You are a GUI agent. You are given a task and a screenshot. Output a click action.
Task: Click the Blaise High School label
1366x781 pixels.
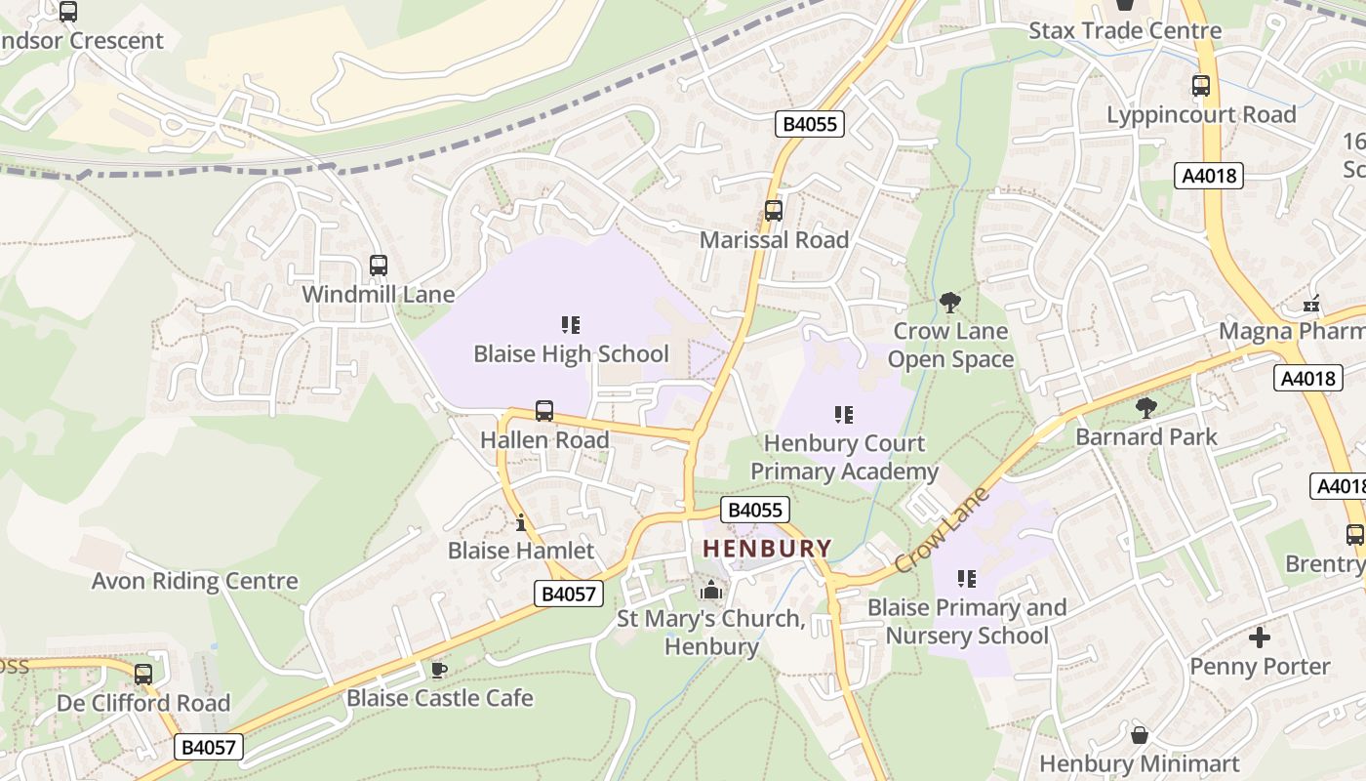click(571, 353)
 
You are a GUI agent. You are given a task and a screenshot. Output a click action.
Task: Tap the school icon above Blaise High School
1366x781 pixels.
click(571, 324)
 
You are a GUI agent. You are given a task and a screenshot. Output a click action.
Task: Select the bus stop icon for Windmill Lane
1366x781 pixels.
click(379, 265)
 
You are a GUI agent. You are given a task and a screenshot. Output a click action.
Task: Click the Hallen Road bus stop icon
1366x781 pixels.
click(544, 411)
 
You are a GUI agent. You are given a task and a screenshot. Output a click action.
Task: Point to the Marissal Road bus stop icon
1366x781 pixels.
click(774, 210)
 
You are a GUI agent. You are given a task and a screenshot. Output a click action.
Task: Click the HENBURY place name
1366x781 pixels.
click(768, 549)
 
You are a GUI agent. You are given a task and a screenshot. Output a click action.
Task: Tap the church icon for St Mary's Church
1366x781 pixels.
click(711, 590)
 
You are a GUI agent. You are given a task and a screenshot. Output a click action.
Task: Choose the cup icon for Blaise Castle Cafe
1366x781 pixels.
click(439, 669)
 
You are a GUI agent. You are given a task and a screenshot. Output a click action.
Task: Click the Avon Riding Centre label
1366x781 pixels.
click(194, 581)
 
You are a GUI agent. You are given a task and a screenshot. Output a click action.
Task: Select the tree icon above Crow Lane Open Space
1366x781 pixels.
click(949, 303)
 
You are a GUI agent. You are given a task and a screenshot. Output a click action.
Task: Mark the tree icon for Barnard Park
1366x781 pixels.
click(1146, 407)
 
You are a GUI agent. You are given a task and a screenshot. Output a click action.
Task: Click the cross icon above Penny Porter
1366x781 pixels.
click(1260, 637)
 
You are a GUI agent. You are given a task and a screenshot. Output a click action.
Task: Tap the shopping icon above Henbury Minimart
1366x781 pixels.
click(1139, 734)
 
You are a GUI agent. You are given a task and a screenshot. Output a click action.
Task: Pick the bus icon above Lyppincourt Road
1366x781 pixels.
click(1201, 86)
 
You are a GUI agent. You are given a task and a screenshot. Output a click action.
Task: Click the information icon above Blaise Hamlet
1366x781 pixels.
click(521, 522)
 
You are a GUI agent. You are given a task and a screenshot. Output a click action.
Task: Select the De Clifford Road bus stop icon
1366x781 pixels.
click(143, 674)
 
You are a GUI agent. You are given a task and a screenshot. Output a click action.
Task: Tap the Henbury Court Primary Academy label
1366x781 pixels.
click(844, 457)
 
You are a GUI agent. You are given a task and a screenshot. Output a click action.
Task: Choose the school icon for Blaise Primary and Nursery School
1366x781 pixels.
click(967, 579)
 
